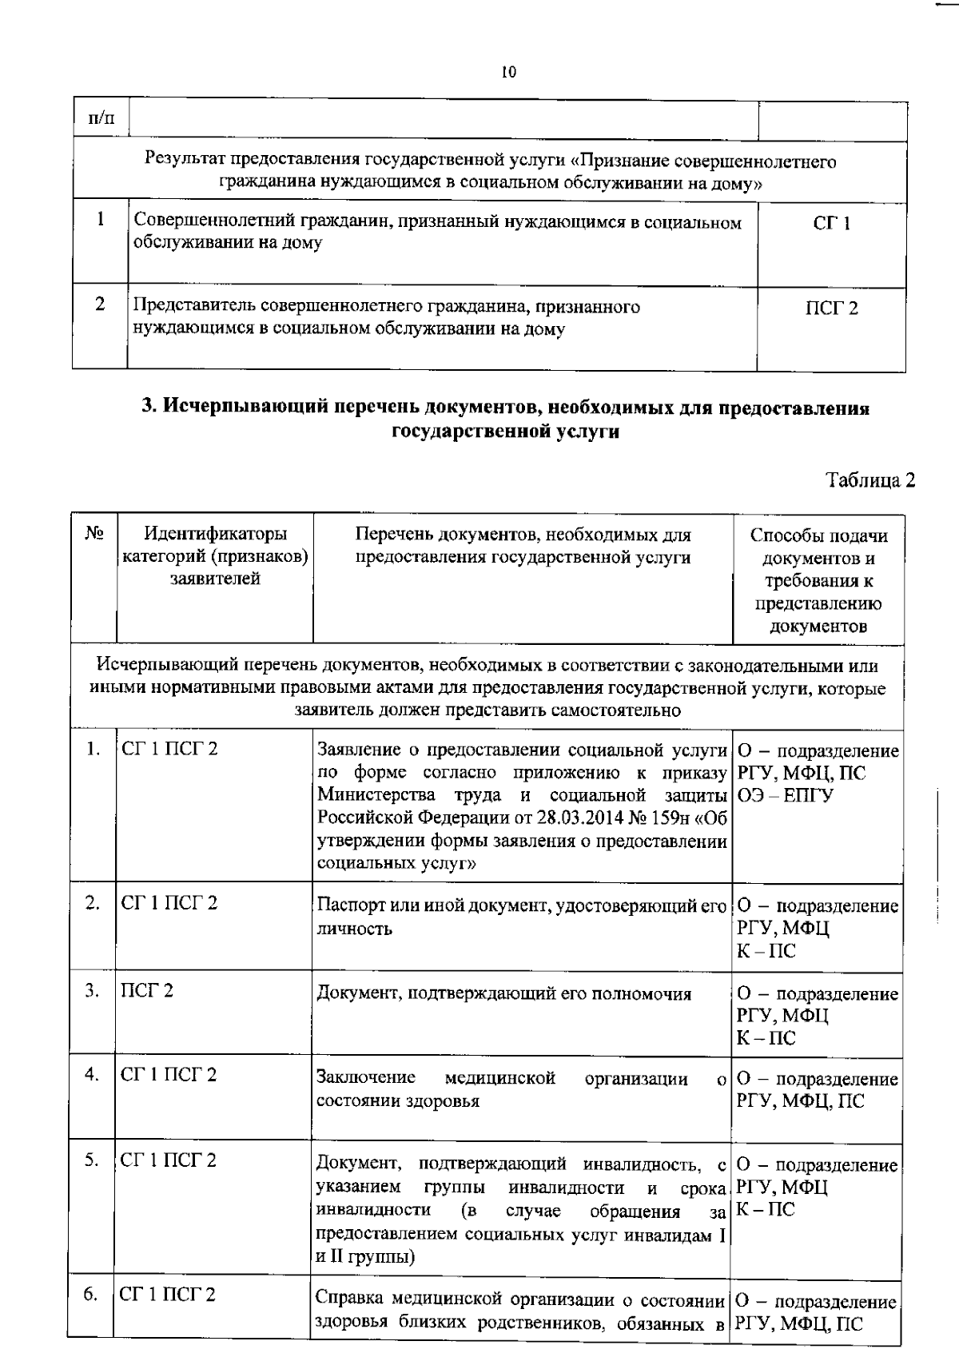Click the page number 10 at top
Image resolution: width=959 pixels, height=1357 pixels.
click(509, 73)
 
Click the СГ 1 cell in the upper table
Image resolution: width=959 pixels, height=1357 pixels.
click(831, 223)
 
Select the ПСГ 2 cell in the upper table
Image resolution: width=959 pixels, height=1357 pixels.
click(831, 308)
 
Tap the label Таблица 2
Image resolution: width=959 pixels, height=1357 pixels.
click(870, 480)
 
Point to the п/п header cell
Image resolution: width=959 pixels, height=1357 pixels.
click(100, 119)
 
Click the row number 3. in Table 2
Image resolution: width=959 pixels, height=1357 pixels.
click(94, 991)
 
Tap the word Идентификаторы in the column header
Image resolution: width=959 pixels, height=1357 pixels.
click(215, 534)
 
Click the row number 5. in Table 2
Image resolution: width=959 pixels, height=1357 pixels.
click(93, 1160)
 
